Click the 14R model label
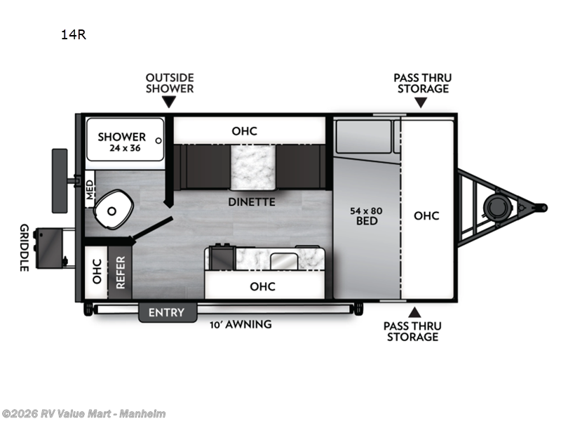point(73,34)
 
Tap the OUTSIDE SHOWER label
point(170,83)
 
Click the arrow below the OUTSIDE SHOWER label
point(170,102)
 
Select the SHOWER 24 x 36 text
point(122,142)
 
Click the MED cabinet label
point(90,189)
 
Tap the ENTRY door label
point(166,312)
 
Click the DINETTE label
point(251,202)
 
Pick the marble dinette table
point(252,167)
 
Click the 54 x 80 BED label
point(366,215)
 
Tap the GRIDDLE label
point(23,248)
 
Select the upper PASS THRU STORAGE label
point(423,83)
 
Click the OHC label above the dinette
point(245,131)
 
